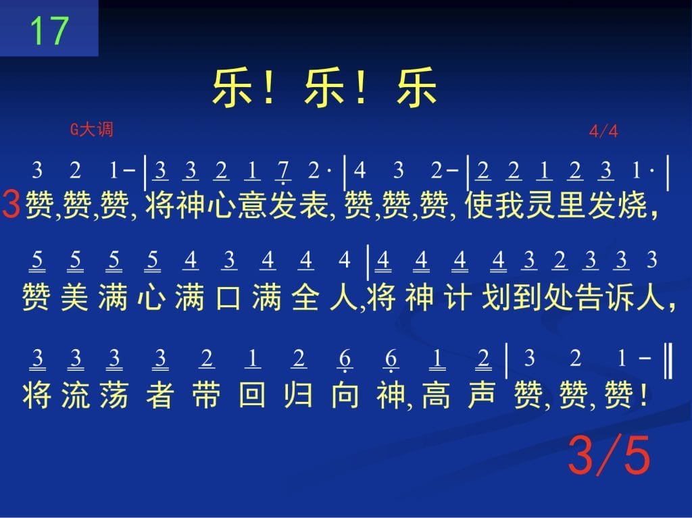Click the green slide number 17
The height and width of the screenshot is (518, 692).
pyautogui.click(x=49, y=30)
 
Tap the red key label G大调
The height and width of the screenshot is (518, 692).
pyautogui.click(x=92, y=129)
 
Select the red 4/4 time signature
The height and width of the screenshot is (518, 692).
pyautogui.click(x=603, y=131)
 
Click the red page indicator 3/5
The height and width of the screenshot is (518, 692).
pyautogui.click(x=609, y=455)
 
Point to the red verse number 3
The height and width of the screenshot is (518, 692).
pyautogui.click(x=11, y=204)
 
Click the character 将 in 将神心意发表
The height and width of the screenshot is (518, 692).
pyautogui.click(x=159, y=205)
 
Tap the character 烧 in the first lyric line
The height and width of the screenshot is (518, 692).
pyautogui.click(x=633, y=205)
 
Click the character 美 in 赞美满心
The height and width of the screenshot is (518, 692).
pyautogui.click(x=74, y=297)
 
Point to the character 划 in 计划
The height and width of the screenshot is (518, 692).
pyautogui.click(x=496, y=297)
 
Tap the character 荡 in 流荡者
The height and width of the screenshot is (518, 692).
pyautogui.click(x=114, y=395)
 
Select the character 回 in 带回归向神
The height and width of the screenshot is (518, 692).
pyautogui.click(x=252, y=395)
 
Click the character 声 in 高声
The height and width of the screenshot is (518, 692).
pyautogui.click(x=482, y=395)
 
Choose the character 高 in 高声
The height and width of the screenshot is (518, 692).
pyautogui.click(x=436, y=395)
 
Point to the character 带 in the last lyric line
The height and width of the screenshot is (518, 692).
pyautogui.click(x=206, y=395)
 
